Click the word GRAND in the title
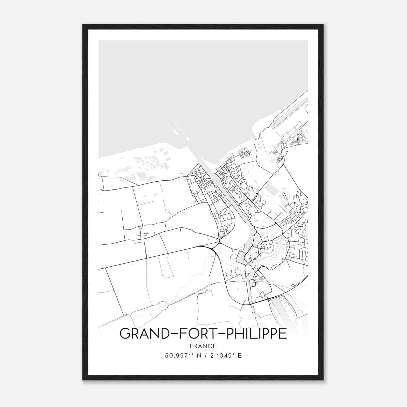click(x=142, y=333)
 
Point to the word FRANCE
click(x=203, y=346)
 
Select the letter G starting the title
click(x=125, y=333)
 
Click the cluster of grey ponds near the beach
click(x=153, y=160)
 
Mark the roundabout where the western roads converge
click(x=219, y=243)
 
